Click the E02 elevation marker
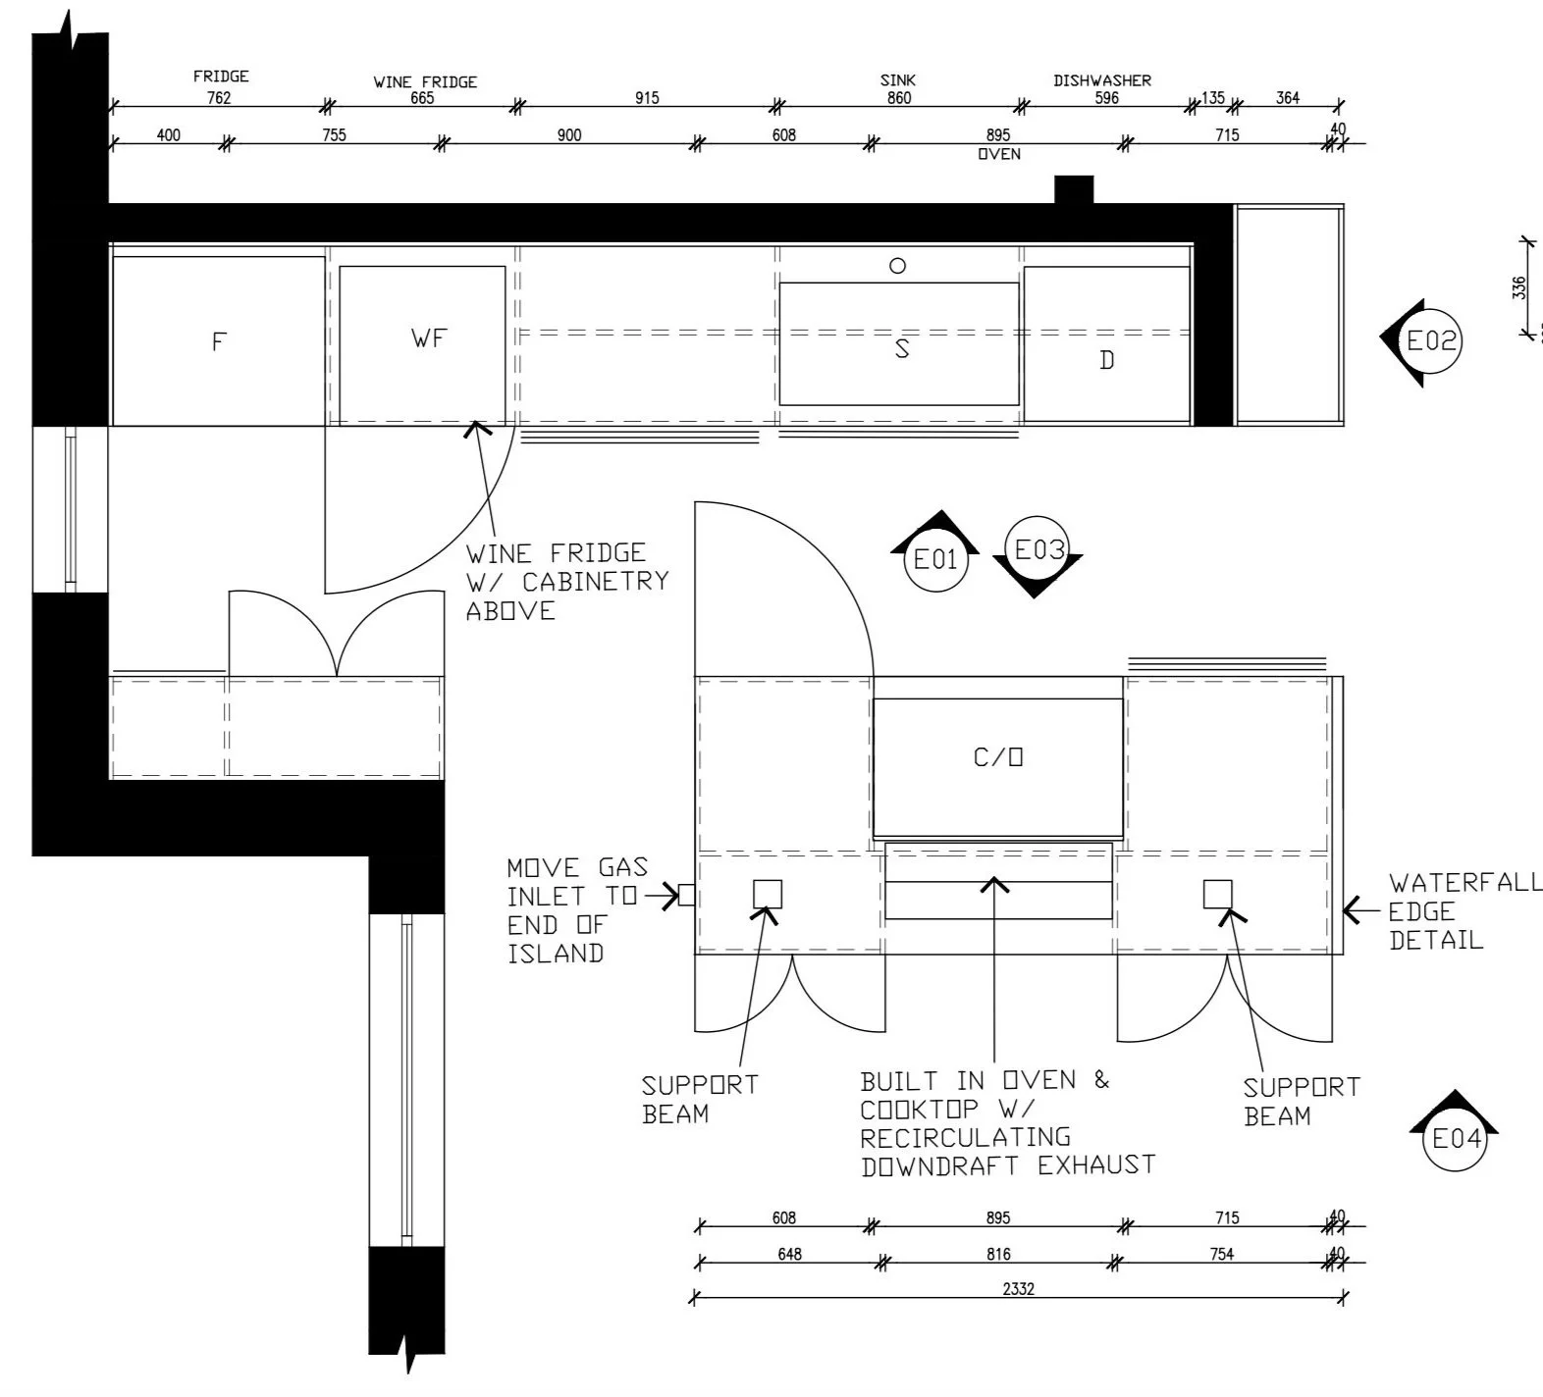click(1430, 341)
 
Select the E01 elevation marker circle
click(935, 559)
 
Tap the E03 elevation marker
click(1038, 549)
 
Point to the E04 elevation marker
click(1456, 1138)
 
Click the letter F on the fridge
click(219, 341)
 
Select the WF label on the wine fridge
click(429, 338)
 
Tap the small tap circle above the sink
click(897, 265)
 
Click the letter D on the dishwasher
click(1107, 360)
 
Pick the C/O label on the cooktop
click(998, 756)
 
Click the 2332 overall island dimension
click(1018, 1289)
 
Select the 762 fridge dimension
click(219, 97)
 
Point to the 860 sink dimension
click(898, 97)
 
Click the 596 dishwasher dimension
click(1106, 97)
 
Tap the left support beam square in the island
click(768, 894)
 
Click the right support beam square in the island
click(1218, 894)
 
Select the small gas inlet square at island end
click(687, 895)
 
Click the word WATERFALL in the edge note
click(1464, 883)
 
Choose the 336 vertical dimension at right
click(1519, 287)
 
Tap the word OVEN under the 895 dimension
click(999, 154)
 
